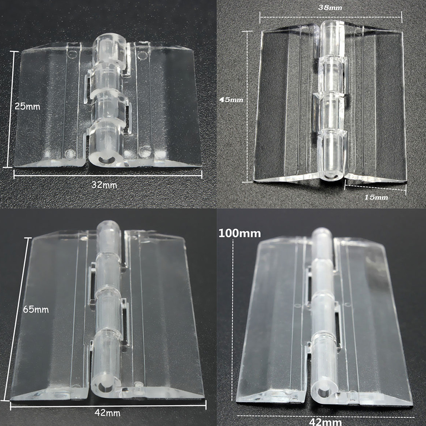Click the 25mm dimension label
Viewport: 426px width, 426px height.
click(x=27, y=106)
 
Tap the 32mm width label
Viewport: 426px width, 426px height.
click(x=104, y=185)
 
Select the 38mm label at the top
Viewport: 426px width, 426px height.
click(x=330, y=8)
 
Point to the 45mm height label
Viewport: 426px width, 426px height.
click(x=232, y=100)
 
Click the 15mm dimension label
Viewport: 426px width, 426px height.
click(x=376, y=197)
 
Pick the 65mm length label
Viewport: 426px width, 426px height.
click(x=36, y=309)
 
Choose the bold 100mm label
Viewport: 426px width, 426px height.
click(x=240, y=233)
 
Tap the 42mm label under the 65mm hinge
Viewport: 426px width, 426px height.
click(x=108, y=413)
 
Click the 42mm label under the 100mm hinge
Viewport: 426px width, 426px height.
click(x=326, y=421)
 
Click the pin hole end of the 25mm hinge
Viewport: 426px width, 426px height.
click(x=105, y=160)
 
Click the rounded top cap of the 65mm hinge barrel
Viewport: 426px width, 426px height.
click(x=109, y=226)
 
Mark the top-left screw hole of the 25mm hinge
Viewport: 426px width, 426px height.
click(x=72, y=54)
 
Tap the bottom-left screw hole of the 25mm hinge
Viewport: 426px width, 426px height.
click(x=70, y=153)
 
